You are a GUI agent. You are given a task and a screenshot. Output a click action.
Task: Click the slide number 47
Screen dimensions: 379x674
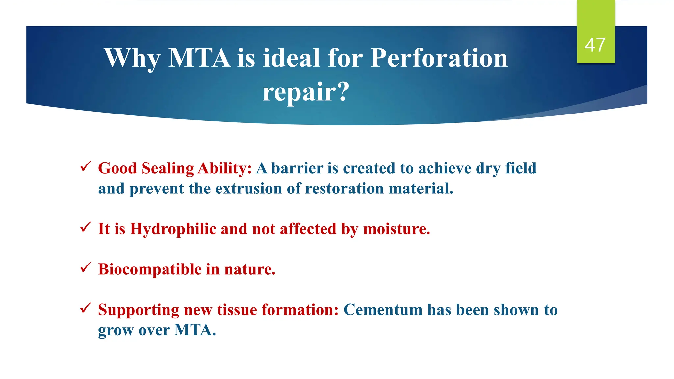pyautogui.click(x=595, y=45)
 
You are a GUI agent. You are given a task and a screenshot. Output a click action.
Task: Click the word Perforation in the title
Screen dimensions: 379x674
pyautogui.click(x=439, y=58)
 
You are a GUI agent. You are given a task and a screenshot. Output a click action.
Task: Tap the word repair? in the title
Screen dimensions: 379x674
pyautogui.click(x=305, y=92)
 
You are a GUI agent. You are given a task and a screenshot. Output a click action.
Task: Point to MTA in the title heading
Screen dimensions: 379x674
pyautogui.click(x=199, y=58)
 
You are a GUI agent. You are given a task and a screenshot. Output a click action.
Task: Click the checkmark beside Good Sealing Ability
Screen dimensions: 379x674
pyautogui.click(x=86, y=166)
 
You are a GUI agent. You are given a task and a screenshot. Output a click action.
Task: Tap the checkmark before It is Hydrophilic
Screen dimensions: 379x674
pyautogui.click(x=86, y=227)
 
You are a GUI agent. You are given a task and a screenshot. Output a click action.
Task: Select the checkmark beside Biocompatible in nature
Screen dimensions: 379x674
pyautogui.click(x=86, y=267)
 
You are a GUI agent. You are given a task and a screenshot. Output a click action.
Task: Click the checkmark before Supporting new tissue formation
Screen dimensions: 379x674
pyautogui.click(x=86, y=308)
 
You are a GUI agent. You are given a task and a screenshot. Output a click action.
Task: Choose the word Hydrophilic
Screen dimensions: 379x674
pyautogui.click(x=173, y=229)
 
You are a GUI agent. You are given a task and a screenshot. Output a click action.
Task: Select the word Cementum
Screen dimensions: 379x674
pyautogui.click(x=383, y=310)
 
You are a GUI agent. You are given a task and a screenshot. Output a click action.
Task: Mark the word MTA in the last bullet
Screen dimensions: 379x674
pyautogui.click(x=194, y=330)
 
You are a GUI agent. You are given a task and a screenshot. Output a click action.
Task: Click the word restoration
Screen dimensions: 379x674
pyautogui.click(x=344, y=189)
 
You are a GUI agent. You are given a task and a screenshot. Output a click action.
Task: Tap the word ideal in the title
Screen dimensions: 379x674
pyautogui.click(x=291, y=58)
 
